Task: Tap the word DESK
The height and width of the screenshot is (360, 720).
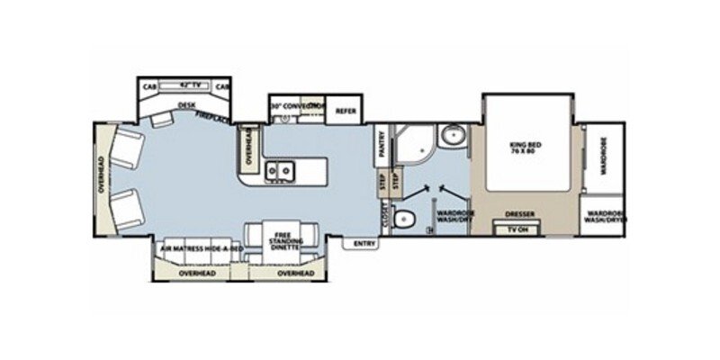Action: (x=186, y=105)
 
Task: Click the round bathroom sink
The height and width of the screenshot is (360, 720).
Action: (x=450, y=138)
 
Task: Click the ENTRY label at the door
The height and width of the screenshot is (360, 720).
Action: (x=364, y=243)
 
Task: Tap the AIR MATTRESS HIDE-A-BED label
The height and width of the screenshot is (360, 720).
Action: (x=201, y=247)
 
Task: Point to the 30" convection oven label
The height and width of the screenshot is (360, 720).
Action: (x=296, y=106)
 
